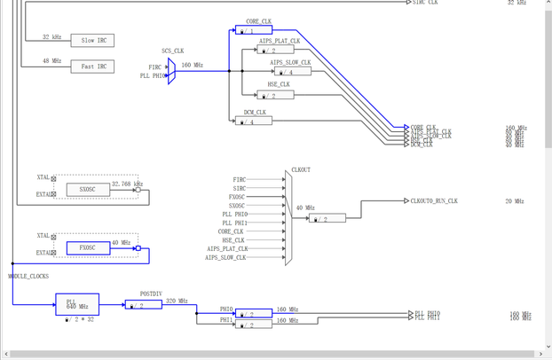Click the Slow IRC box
pyautogui.click(x=93, y=41)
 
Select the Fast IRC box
pyautogui.click(x=93, y=67)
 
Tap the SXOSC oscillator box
pyautogui.click(x=88, y=190)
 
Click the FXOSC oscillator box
pyautogui.click(x=88, y=248)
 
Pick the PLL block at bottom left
pyautogui.click(x=76, y=304)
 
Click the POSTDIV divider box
pyautogui.click(x=143, y=305)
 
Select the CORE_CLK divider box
pyautogui.click(x=254, y=31)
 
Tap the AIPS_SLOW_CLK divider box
pyautogui.click(x=291, y=72)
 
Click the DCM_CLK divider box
pyautogui.click(x=254, y=121)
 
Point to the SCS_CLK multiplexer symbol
pyautogui.click(x=171, y=71)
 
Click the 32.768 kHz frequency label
pyautogui.click(x=127, y=184)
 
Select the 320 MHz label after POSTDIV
pyautogui.click(x=177, y=301)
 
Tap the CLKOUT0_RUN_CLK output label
pyautogui.click(x=434, y=201)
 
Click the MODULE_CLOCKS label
pyautogui.click(x=28, y=277)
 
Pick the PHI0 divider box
pyautogui.click(x=254, y=314)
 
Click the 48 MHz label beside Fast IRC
pyautogui.click(x=51, y=62)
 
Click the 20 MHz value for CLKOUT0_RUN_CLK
pyautogui.click(x=515, y=201)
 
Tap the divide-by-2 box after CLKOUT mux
pyautogui.click(x=327, y=218)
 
